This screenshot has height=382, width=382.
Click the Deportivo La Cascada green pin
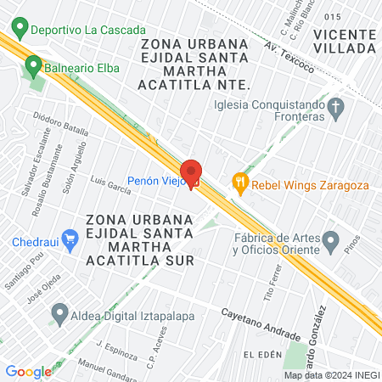tap(19, 29)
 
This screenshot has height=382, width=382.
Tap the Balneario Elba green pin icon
tap(33, 64)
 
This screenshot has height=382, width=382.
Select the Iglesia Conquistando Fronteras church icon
tap(336, 106)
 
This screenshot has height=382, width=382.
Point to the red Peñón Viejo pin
tap(191, 172)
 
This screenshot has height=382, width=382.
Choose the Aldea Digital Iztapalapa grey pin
tap(59, 315)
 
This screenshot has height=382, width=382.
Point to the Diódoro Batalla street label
tap(60, 124)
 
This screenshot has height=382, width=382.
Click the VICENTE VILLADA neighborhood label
tap(344, 41)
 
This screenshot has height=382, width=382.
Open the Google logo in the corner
tap(28, 371)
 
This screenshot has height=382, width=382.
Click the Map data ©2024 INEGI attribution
tap(331, 375)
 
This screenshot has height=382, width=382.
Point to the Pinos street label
tap(353, 244)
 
